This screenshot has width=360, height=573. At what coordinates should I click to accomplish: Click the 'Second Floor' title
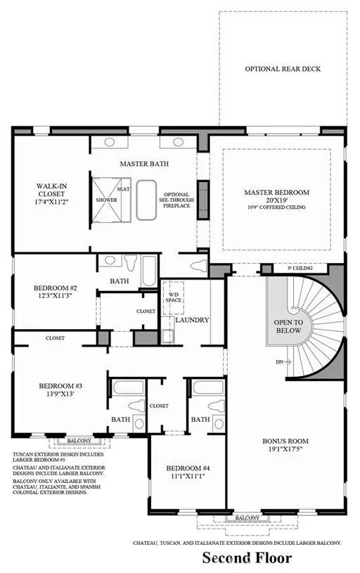(247, 558)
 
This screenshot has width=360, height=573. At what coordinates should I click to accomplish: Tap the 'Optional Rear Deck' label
(277, 69)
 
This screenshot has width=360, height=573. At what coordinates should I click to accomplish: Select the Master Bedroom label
(276, 192)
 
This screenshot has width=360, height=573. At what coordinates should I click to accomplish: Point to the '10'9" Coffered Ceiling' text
(276, 208)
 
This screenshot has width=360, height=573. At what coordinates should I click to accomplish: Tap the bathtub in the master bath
(146, 200)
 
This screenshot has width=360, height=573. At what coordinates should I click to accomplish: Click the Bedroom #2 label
(55, 288)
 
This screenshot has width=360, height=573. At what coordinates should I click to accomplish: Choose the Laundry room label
(192, 320)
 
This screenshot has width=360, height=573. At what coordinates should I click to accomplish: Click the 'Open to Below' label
(288, 326)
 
